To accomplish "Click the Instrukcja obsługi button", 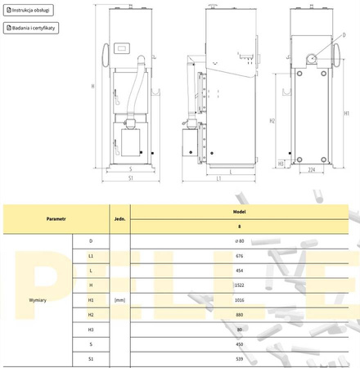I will (x=29, y=11).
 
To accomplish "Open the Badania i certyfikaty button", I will (x=34, y=27).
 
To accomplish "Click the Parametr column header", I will (x=56, y=219).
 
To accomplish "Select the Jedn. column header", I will (x=119, y=219).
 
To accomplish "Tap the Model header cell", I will (x=239, y=211).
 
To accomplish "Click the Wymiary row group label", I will (x=38, y=301).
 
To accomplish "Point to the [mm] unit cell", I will (x=119, y=301).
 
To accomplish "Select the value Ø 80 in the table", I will (x=239, y=241).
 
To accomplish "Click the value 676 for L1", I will (x=239, y=256).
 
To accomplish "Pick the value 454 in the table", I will (x=239, y=271).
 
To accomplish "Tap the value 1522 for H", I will (x=239, y=285).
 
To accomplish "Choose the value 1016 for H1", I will (x=239, y=300).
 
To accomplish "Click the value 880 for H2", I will (x=239, y=315).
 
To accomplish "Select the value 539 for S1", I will (x=239, y=359).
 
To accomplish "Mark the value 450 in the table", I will (x=239, y=344).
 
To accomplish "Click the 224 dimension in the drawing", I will (x=312, y=170).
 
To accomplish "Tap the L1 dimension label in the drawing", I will (x=218, y=178).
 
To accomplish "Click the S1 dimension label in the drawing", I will (x=131, y=178).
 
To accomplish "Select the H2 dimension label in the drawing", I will (x=272, y=121).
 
